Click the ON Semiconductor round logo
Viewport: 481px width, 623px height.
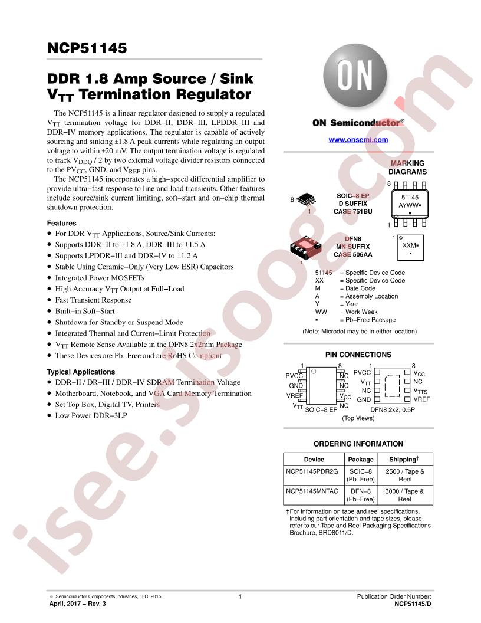point(355,76)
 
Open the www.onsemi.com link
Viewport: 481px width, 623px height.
point(358,139)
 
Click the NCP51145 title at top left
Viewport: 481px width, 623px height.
point(87,48)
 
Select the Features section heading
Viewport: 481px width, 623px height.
point(61,223)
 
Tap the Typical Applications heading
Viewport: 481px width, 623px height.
point(81,372)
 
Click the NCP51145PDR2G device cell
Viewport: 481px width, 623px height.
point(312,471)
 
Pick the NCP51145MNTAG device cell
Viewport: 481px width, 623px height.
point(312,491)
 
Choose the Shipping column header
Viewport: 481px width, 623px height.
point(404,459)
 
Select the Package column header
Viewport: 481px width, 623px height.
point(361,460)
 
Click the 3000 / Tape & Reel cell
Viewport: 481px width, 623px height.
point(404,495)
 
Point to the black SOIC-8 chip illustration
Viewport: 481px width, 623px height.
point(306,199)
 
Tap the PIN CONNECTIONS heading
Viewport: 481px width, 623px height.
point(358,355)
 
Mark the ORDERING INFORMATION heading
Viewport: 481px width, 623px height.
point(358,444)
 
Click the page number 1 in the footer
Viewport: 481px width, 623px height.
point(240,596)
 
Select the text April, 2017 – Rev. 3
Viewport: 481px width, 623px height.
point(77,604)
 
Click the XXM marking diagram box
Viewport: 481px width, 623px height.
point(410,248)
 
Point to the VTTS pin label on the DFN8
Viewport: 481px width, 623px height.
point(420,391)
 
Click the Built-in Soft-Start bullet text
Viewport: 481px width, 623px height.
point(85,311)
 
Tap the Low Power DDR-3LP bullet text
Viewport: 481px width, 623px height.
point(91,415)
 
